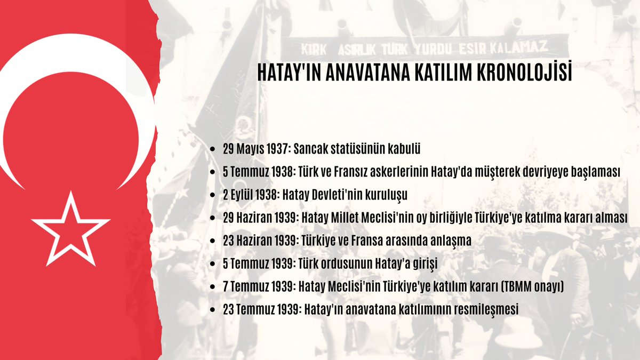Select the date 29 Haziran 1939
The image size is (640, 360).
point(261,218)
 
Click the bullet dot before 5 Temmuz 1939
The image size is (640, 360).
point(213,265)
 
